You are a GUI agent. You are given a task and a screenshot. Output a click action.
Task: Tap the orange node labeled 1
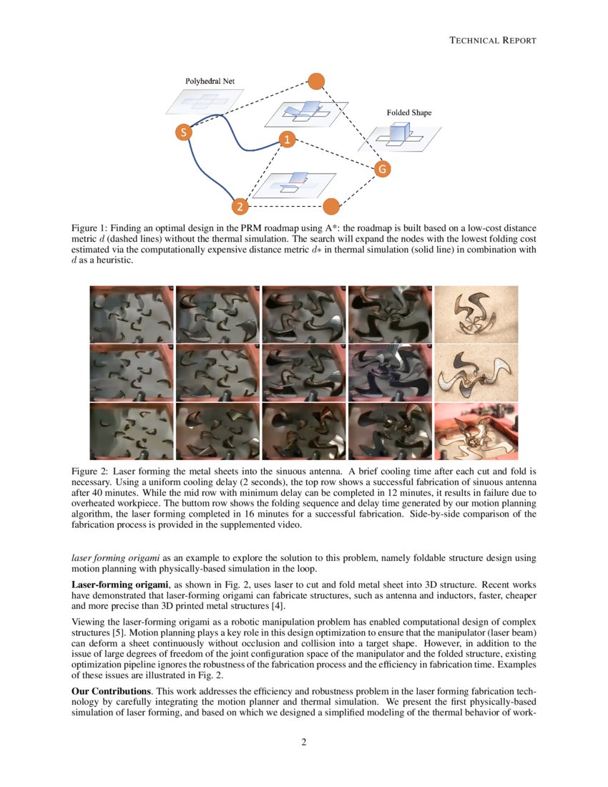[x=286, y=140]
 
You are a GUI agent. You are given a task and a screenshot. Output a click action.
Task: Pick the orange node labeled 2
[x=239, y=207]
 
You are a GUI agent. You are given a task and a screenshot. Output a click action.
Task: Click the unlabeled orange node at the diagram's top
[x=315, y=81]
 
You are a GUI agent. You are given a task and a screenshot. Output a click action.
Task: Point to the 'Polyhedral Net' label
[x=210, y=82]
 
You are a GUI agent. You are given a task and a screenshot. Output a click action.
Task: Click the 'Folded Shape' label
[x=409, y=112]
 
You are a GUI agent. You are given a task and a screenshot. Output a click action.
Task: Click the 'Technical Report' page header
[x=492, y=40]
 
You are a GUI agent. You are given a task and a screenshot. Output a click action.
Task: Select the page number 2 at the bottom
[x=304, y=741]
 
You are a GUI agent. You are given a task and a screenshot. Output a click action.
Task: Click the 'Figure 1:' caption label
[x=91, y=227]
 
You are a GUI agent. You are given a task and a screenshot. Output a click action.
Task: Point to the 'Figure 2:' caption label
[x=91, y=471]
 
